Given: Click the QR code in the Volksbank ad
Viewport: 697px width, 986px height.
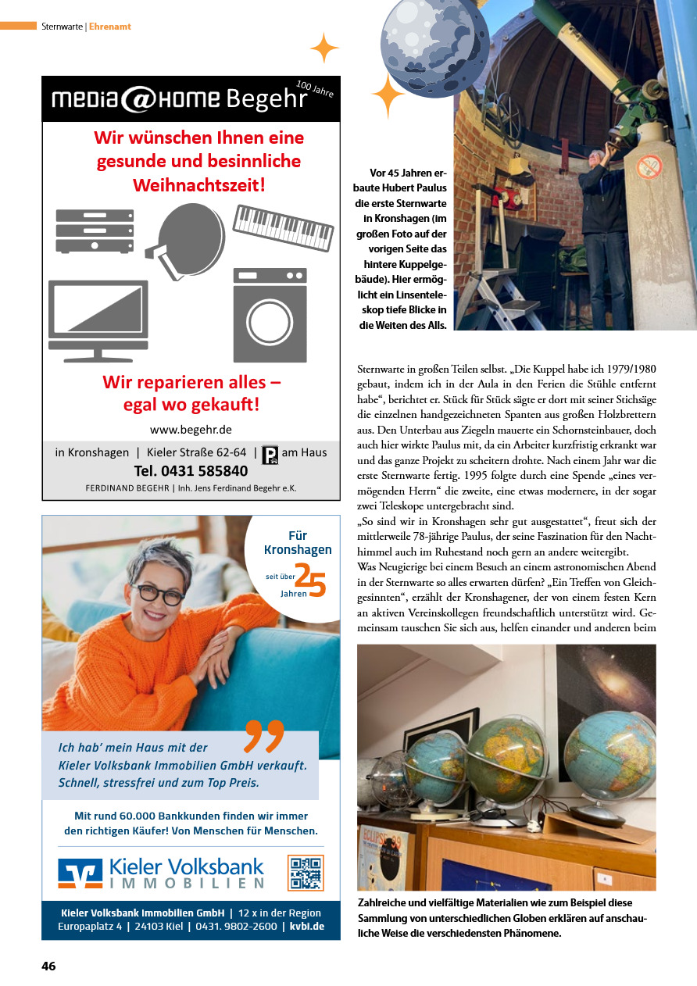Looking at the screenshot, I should (306, 873).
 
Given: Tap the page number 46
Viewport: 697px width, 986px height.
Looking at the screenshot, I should (48, 966).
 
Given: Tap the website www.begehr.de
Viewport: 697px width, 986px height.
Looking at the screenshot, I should (191, 430).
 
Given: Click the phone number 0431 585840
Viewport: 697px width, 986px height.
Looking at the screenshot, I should (191, 471).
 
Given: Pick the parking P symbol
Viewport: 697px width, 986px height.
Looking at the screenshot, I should (270, 454).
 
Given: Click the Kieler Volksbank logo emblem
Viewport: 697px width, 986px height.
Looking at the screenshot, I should (80, 873).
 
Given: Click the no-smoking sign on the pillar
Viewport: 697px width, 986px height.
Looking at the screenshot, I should (649, 166).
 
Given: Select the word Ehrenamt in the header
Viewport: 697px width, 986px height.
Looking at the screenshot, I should (110, 27).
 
